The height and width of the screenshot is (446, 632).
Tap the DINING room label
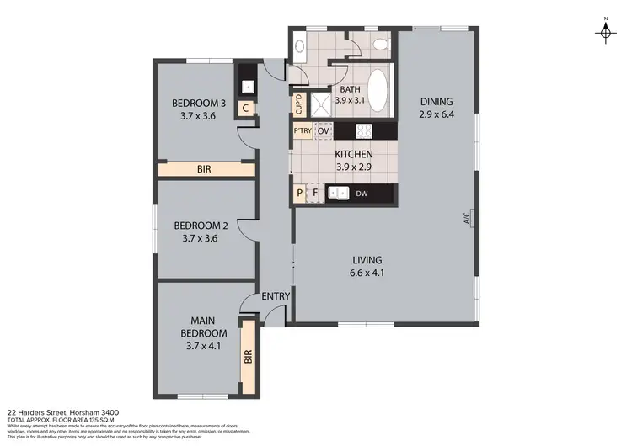coord(437,102)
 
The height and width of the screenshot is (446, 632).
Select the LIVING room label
coord(368,259)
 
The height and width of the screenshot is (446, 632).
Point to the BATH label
coord(350,89)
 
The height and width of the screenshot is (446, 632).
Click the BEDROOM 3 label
coord(199,104)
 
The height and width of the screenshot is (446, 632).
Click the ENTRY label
coord(276,296)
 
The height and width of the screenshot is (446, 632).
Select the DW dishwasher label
coord(361,194)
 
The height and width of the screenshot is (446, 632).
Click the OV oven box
coord(323,131)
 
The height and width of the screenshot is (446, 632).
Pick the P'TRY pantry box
coord(302,131)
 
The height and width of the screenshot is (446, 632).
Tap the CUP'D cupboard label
coord(299,104)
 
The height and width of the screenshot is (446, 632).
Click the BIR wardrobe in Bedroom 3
coord(205,169)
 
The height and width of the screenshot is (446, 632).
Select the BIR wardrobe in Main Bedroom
coord(249,355)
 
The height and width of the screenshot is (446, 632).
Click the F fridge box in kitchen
coord(315,194)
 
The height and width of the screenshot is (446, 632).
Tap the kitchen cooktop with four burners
coord(366,131)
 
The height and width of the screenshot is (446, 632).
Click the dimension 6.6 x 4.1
coord(368,273)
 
